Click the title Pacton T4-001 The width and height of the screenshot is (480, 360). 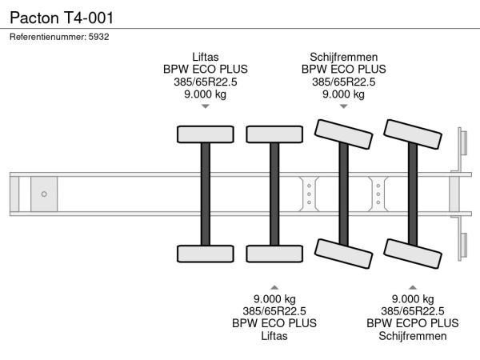(55, 16)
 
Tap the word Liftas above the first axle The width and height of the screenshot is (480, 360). (205, 57)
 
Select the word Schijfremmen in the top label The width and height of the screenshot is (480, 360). (343, 57)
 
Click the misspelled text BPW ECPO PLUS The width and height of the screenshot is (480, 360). (413, 323)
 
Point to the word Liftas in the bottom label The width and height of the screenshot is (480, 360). (274, 336)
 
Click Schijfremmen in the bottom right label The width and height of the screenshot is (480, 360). (413, 336)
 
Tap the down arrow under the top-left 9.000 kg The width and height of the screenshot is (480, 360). (205, 106)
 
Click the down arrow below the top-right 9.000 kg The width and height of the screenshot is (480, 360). (343, 106)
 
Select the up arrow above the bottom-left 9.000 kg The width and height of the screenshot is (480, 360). (274, 286)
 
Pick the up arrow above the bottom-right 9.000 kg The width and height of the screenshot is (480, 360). (413, 286)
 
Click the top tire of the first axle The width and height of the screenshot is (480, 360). (205, 134)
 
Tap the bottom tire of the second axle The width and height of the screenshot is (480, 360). (274, 254)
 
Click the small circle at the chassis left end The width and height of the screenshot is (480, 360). (44, 194)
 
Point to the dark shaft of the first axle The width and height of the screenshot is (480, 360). (205, 194)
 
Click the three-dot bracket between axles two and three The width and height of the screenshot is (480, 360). (309, 194)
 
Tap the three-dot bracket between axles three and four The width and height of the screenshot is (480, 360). (378, 194)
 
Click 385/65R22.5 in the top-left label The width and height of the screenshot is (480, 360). (205, 82)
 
